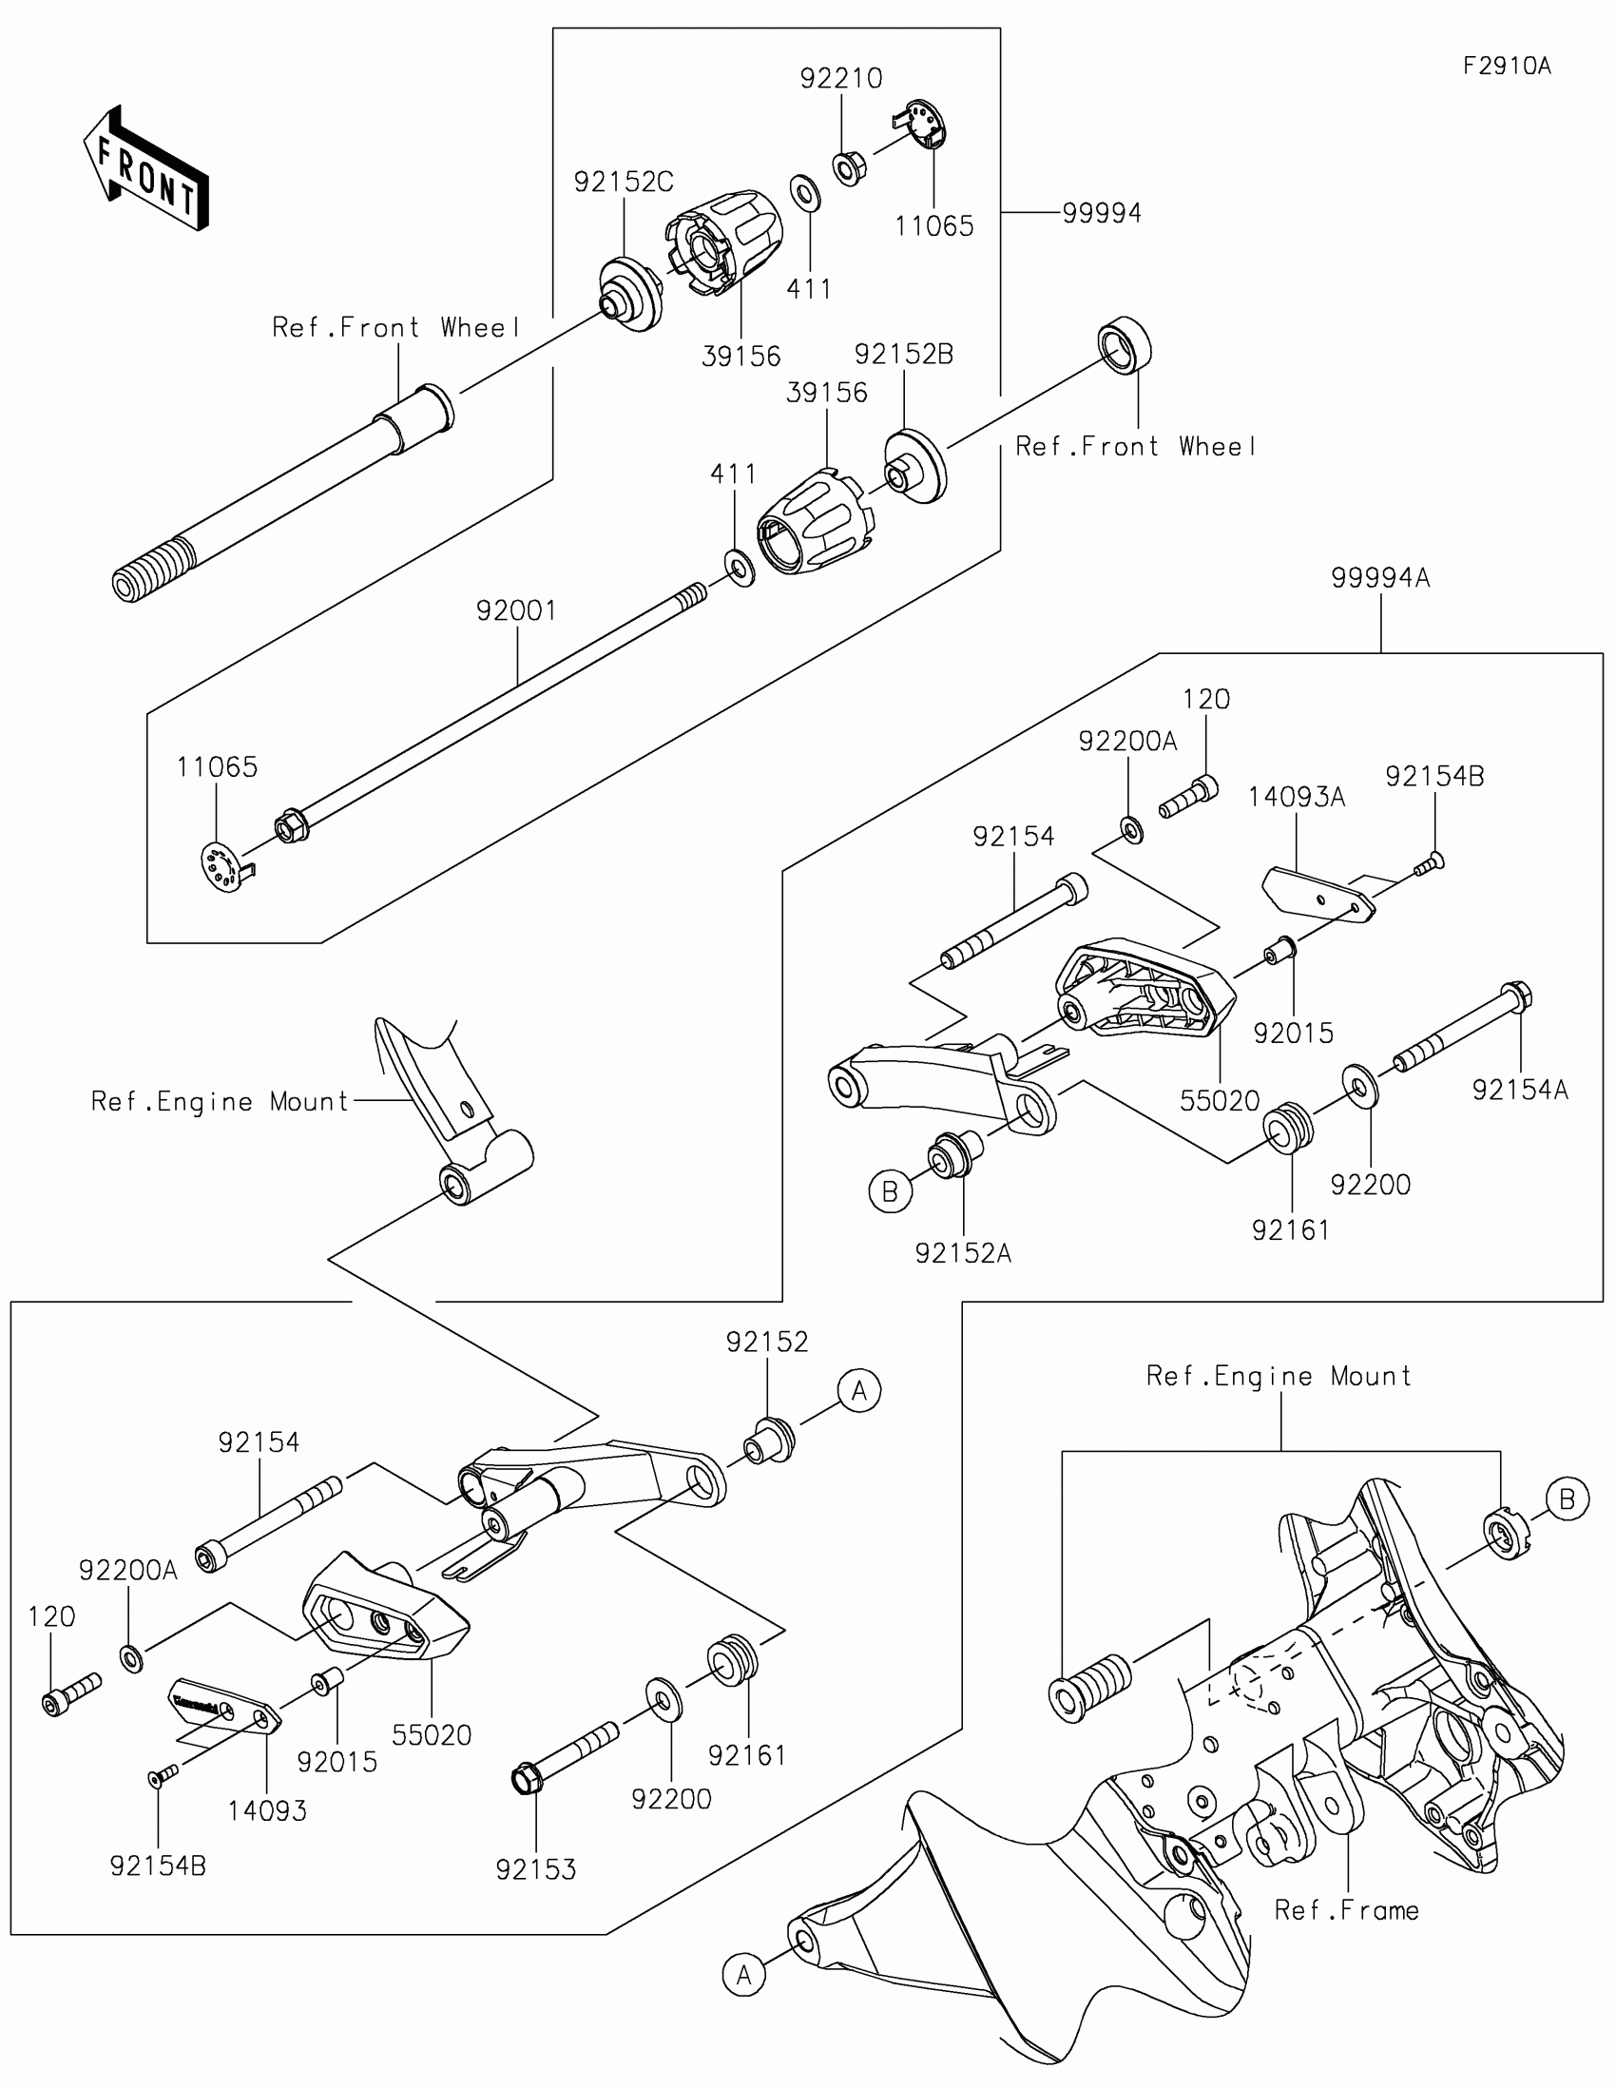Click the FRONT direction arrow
click(146, 168)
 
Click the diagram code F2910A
click(1507, 66)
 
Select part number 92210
click(841, 78)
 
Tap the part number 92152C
click(623, 182)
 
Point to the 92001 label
click(516, 611)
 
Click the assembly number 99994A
click(1380, 578)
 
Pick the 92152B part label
click(903, 355)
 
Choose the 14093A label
click(1296, 798)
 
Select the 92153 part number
click(536, 1870)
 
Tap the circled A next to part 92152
click(859, 1391)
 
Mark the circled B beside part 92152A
click(890, 1191)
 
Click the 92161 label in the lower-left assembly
click(746, 1755)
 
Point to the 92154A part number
click(1519, 1090)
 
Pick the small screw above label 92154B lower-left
click(164, 1775)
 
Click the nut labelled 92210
click(848, 169)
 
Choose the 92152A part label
click(962, 1253)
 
